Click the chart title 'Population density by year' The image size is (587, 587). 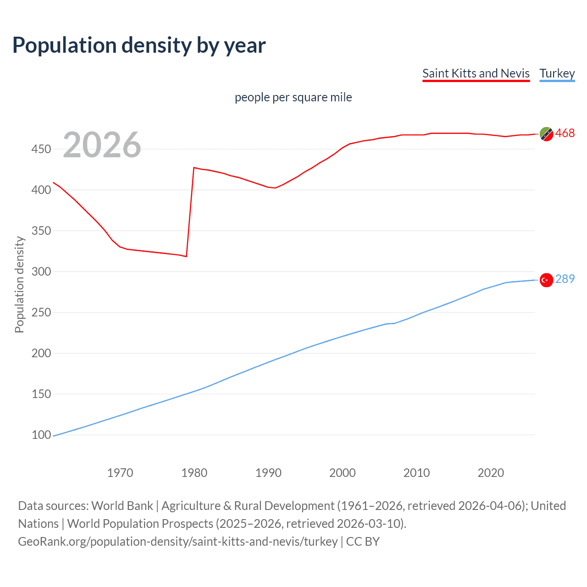139,45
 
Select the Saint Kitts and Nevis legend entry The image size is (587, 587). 476,73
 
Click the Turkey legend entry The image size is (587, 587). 557,73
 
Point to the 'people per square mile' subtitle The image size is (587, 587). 293,97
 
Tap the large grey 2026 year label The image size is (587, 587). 102,145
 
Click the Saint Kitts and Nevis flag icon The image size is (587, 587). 546,134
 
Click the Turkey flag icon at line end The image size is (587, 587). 546,280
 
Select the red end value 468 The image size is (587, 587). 565,133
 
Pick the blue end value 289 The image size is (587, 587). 565,279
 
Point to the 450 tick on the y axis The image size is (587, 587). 41,149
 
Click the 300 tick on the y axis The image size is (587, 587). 41,271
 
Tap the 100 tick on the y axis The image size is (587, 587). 41,435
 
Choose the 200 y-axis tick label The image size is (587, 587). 41,353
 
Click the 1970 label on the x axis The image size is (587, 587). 120,473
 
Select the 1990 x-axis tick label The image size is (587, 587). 268,473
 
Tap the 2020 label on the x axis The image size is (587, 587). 491,473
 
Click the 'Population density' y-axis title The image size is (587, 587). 19,284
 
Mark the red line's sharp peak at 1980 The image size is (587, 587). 194,168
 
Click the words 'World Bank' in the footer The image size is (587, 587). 122,506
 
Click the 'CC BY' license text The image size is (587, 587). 363,542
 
